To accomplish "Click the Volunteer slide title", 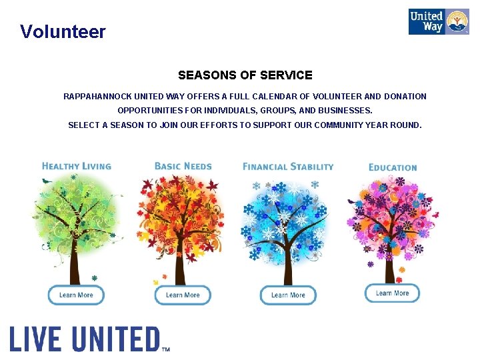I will pos(63,31).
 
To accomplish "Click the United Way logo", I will pos(438,22).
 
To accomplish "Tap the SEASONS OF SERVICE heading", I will pos(245,75).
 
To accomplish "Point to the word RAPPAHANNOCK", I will pos(96,97).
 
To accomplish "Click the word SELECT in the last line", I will pos(83,125).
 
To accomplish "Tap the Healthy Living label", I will pos(76,166).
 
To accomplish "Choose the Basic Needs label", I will pos(183,166).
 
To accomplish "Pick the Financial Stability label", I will pos(288,166).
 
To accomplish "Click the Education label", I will pos(393,167).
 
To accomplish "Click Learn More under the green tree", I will pos(76,295).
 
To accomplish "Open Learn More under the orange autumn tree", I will pos(183,295).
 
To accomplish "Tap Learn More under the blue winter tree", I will pos(288,295).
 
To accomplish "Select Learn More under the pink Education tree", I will pos(392,293).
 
